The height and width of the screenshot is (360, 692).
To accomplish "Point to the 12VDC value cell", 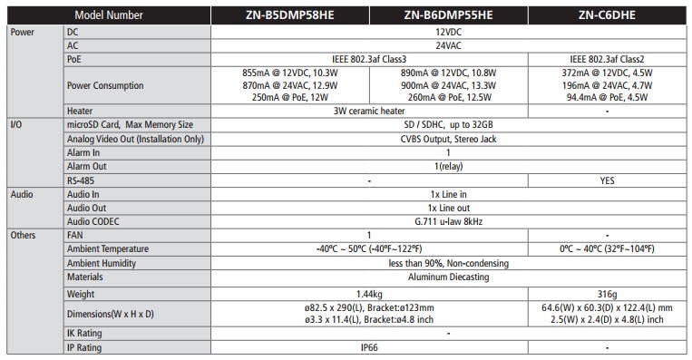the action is (x=449, y=30).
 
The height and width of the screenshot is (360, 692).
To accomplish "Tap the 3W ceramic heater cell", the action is (x=369, y=111).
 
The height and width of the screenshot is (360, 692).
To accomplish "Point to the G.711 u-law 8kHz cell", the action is (x=449, y=220).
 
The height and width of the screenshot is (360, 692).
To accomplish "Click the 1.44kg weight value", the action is (x=369, y=293).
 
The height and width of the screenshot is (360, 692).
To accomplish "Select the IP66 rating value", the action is (x=369, y=347).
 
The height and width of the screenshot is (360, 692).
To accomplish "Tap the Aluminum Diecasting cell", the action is (x=449, y=277).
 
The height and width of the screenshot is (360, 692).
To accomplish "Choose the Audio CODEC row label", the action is (x=95, y=220).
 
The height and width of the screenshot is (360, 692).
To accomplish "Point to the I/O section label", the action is (x=15, y=124).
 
